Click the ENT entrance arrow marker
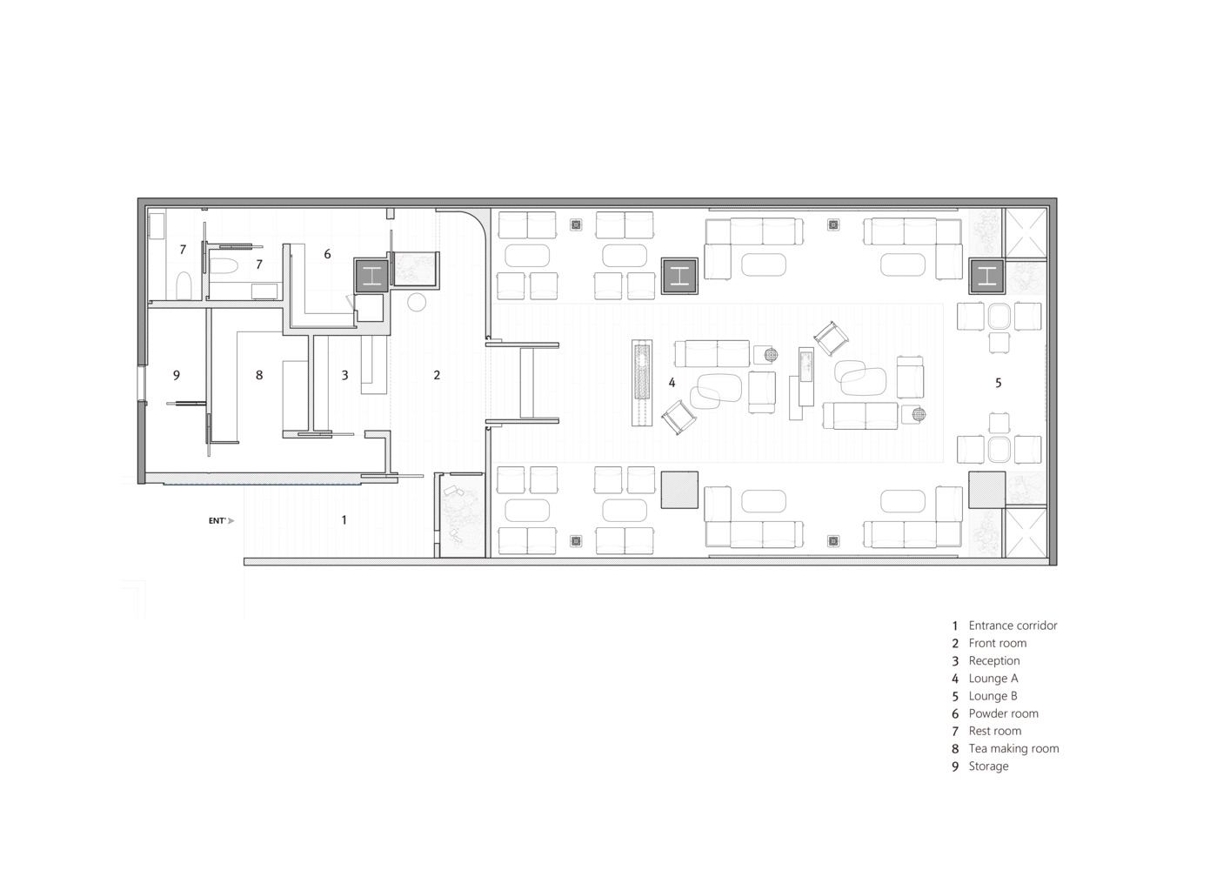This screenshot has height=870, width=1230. [x=221, y=520]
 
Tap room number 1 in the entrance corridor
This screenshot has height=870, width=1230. [x=344, y=519]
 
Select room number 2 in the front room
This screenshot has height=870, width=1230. [x=437, y=375]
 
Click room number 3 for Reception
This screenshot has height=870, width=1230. [x=344, y=375]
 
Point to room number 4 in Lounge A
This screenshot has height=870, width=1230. [x=672, y=382]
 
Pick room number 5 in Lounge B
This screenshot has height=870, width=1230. [x=999, y=382]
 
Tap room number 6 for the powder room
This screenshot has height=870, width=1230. [x=327, y=254]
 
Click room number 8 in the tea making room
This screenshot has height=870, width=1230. [x=259, y=375]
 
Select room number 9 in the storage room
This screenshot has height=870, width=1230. [x=177, y=375]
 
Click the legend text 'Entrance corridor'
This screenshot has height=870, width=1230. [x=1013, y=626]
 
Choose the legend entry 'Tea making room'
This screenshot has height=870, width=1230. [x=1013, y=748]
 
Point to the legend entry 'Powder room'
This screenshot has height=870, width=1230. [x=1003, y=713]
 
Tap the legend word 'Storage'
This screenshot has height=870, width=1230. [x=988, y=766]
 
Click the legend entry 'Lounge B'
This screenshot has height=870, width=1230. [x=993, y=696]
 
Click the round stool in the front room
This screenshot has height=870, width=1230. [x=418, y=302]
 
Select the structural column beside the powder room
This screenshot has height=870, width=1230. [x=371, y=275]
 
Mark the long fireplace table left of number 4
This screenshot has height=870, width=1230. [x=642, y=383]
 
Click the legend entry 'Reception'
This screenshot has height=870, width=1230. [x=994, y=660]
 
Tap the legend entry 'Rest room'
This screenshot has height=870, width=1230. [x=995, y=731]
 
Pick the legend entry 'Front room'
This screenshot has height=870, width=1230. [x=997, y=643]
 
